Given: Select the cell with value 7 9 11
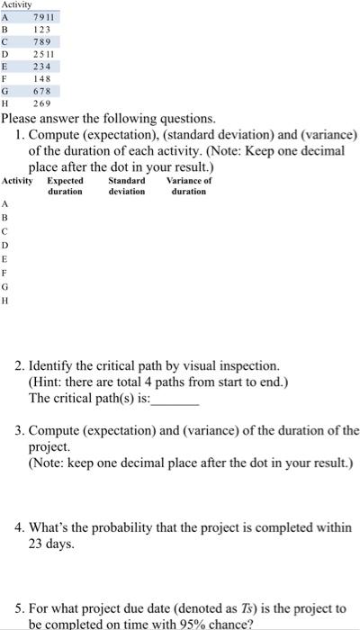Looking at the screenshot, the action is pos(44,17).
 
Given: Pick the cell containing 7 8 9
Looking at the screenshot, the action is pos(42,41).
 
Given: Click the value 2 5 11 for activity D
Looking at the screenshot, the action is pos(43,54).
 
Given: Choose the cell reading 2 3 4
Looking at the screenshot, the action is pos(42,66).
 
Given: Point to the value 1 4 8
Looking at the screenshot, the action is pos(42,78).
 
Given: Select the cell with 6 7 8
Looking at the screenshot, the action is pos(42,91).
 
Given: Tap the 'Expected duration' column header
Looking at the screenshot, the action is pos(65,186).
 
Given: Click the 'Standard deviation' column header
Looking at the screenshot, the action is pos(127,186).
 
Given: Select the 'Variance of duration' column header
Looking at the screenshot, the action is pos(189,186).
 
